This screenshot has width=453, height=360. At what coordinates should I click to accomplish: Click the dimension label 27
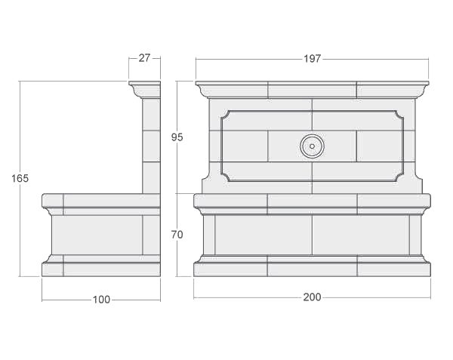(x=144, y=58)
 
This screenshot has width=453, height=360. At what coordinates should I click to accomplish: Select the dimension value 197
(x=313, y=58)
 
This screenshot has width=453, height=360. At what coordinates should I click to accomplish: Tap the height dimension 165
(x=20, y=179)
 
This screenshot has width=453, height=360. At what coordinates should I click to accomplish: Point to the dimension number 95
(x=177, y=137)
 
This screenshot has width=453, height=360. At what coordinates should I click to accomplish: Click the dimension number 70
(x=177, y=235)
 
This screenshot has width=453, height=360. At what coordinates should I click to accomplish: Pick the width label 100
(x=101, y=300)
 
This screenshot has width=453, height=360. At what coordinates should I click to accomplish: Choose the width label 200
(x=312, y=297)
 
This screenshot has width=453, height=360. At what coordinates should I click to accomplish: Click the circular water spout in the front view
(x=312, y=146)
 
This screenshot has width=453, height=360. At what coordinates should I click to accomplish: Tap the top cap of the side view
(x=145, y=85)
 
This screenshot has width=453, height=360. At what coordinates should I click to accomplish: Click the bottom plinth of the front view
(x=312, y=267)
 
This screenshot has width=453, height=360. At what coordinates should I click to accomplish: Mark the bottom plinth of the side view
(x=101, y=267)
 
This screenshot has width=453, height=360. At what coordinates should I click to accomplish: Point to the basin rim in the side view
(x=101, y=201)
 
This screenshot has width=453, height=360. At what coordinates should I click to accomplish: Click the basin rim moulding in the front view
(x=312, y=202)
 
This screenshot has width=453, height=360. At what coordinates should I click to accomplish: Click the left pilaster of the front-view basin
(x=209, y=235)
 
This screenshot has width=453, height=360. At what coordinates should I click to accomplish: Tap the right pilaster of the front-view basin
(x=415, y=235)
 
